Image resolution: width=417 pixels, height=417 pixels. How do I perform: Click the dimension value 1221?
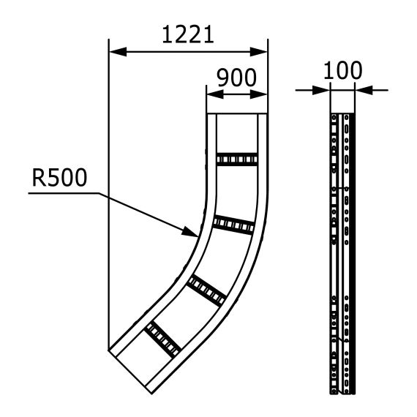click(x=187, y=34)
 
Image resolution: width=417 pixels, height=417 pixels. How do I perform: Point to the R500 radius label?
click(x=59, y=177)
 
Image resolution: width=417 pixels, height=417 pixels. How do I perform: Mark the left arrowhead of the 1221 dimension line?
click(x=116, y=52)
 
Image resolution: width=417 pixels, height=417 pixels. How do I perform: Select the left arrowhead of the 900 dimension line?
click(x=213, y=93)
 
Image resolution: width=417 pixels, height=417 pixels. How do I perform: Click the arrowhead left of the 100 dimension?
click(x=323, y=90)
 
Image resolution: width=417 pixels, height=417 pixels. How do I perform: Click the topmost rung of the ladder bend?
click(x=236, y=159)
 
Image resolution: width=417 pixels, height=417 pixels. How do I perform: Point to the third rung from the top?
click(x=206, y=289)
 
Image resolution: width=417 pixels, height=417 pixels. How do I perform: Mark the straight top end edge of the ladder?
click(x=237, y=115)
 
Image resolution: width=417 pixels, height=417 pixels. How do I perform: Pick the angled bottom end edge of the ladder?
click(x=132, y=369)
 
